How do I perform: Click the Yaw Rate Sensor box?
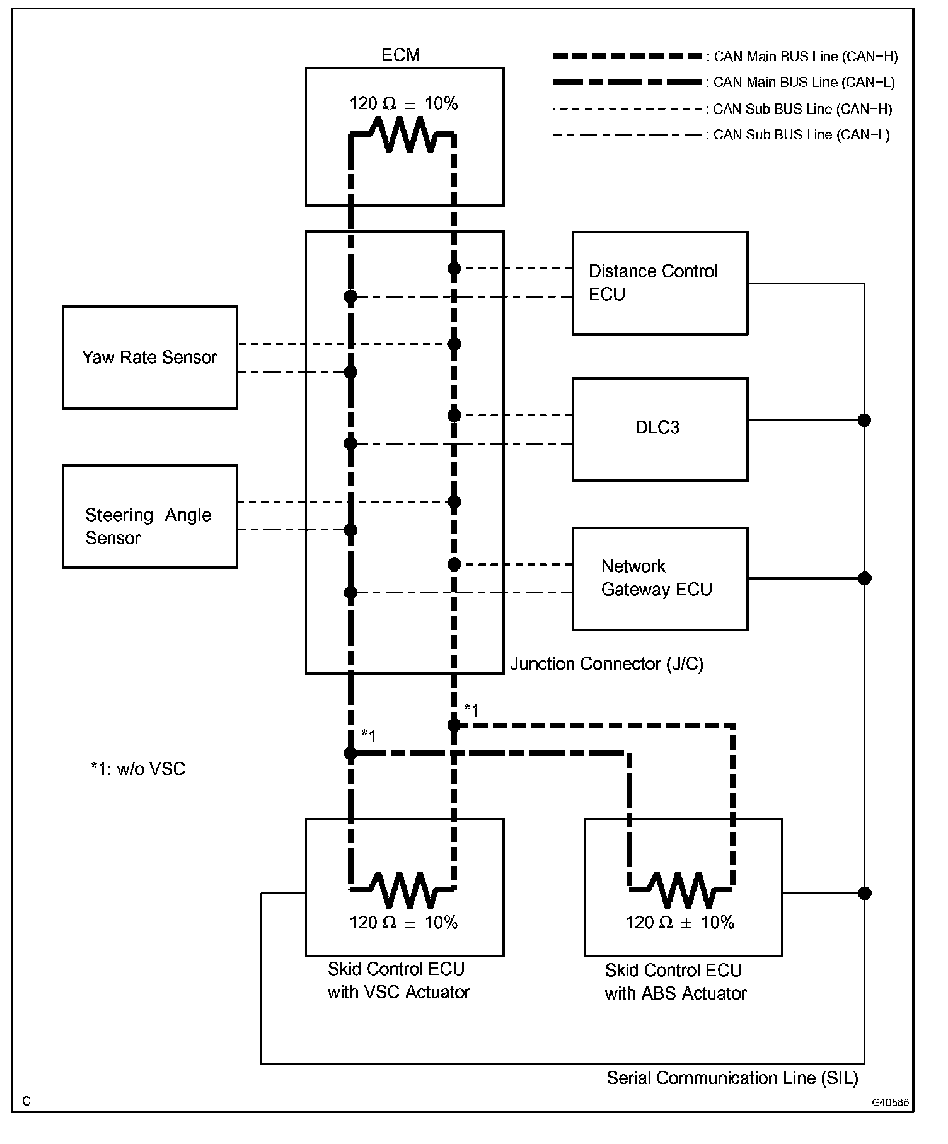[150, 358]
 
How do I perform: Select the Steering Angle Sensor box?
[150, 517]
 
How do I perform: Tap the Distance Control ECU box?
[660, 283]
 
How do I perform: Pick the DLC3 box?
[660, 429]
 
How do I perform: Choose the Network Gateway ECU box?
[660, 578]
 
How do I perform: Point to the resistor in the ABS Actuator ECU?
[681, 890]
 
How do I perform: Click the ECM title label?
[401, 55]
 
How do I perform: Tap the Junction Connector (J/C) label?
[606, 664]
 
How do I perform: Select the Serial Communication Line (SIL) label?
[732, 1078]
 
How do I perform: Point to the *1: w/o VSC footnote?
[138, 769]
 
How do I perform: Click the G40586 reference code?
[890, 1102]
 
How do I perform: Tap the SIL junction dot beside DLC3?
[865, 420]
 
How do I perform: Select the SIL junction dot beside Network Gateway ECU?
[865, 578]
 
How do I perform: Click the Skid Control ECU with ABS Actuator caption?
[675, 982]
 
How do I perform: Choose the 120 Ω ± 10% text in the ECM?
[403, 103]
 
